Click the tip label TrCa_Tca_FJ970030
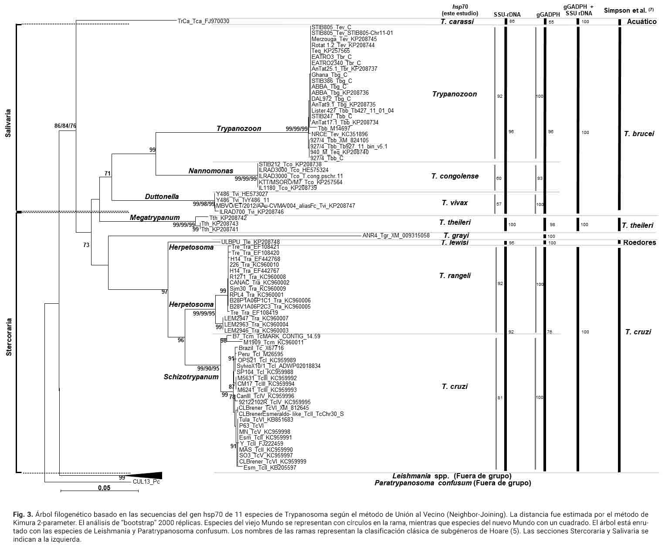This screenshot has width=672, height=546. (x=203, y=21)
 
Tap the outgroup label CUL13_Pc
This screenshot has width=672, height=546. (x=143, y=482)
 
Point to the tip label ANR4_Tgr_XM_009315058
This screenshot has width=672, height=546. (x=396, y=236)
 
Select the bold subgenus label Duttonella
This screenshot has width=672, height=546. (x=162, y=197)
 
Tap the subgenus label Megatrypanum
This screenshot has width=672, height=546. (x=154, y=218)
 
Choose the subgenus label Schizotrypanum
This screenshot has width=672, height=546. (x=191, y=377)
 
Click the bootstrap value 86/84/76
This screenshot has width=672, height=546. (x=65, y=126)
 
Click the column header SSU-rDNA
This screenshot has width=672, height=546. (x=507, y=14)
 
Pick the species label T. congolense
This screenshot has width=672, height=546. (x=455, y=176)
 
